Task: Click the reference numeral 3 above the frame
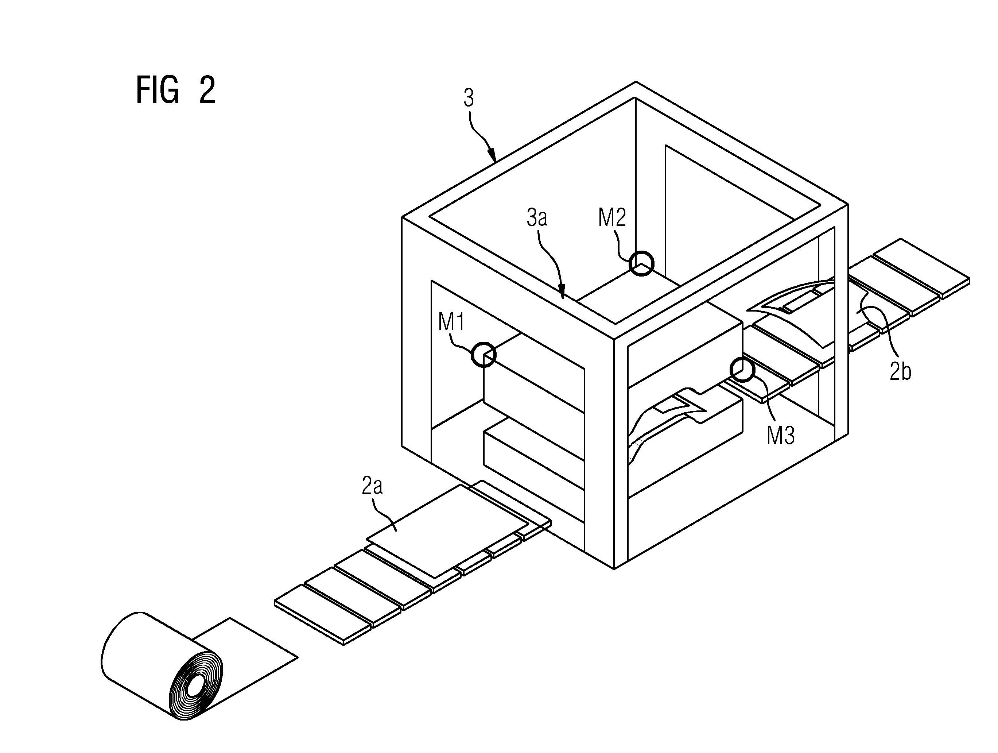point(469,98)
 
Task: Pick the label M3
point(781,436)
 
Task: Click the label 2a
point(372,486)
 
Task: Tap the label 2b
point(900,371)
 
